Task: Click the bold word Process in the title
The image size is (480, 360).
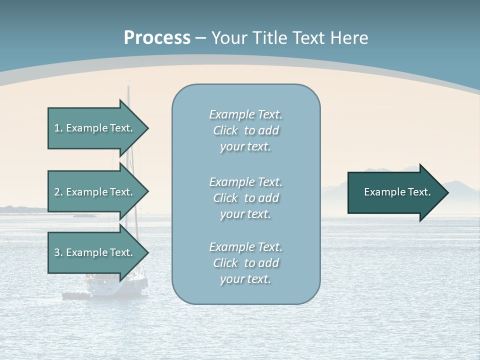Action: pos(157,38)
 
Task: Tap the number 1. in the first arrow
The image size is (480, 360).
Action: pos(58,128)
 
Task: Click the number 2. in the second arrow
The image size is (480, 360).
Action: pos(58,192)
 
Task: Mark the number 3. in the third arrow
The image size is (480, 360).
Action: pos(58,252)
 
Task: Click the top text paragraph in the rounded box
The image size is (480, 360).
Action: pos(245,130)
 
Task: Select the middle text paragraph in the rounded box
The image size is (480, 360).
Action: pos(245,198)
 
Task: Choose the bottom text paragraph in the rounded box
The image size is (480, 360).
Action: pos(245,263)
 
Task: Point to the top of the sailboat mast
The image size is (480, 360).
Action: pos(128,86)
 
